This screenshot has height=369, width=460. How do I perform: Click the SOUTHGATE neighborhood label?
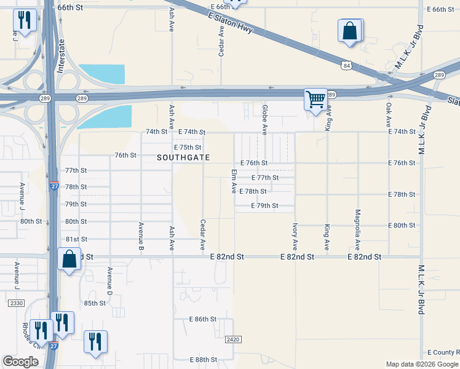(183, 158)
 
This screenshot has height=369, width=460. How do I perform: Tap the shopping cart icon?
(315, 98)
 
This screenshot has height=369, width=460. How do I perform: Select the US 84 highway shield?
(347, 65)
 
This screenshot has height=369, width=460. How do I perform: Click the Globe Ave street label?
(265, 119)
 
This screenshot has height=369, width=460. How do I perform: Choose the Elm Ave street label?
(234, 182)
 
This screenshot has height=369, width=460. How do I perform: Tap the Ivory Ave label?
(295, 236)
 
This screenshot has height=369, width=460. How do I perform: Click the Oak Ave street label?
(389, 115)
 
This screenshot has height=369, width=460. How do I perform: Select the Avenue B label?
(141, 236)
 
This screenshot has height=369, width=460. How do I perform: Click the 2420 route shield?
(232, 339)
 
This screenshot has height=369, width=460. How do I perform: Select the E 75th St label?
(188, 148)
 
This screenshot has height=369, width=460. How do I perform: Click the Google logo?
(20, 362)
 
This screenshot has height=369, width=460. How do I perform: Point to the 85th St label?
(95, 303)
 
